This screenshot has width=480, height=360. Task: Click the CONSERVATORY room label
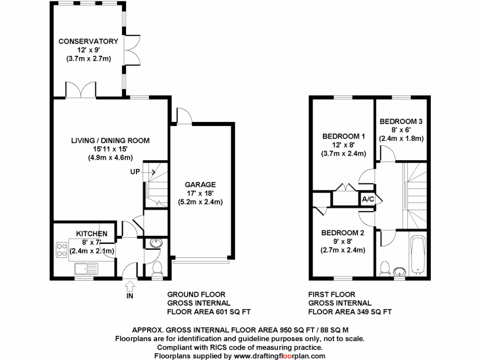tap(88, 41)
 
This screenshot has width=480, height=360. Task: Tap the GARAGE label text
tap(200, 184)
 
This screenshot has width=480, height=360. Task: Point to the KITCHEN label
tap(92, 233)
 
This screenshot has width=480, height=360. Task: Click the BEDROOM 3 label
tap(401, 121)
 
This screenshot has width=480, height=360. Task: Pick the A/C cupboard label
tap(368, 199)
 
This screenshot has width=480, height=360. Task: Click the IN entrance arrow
tap(130, 284)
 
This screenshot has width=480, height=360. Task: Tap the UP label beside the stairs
tap(135, 172)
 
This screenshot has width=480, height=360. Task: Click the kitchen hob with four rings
tap(61, 249)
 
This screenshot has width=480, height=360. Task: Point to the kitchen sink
tap(86, 269)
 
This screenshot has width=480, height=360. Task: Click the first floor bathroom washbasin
tap(399, 272)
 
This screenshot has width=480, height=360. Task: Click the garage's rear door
tap(183, 116)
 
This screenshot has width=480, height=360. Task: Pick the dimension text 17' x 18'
tap(200, 193)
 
